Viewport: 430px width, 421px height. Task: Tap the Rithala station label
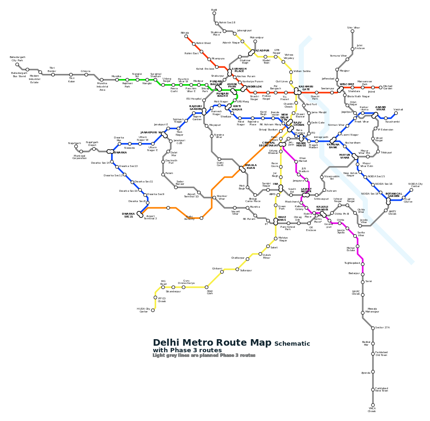click(185, 33)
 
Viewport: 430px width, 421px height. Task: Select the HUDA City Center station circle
click(153, 311)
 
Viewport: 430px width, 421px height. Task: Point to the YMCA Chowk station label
click(372, 410)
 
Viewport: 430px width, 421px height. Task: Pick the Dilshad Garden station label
click(387, 87)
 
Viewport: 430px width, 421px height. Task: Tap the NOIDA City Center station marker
click(411, 190)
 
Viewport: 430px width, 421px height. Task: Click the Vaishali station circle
click(396, 113)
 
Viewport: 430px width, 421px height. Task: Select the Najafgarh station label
click(74, 143)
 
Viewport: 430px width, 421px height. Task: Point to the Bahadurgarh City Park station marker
click(17, 65)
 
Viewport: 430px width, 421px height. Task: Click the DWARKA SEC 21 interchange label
click(128, 215)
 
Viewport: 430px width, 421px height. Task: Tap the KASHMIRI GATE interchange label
click(306, 87)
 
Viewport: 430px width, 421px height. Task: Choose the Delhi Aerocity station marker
click(201, 218)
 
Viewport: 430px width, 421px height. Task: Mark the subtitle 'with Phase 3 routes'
click(187, 350)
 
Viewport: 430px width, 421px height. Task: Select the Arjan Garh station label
click(210, 292)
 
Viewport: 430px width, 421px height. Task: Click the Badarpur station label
click(354, 273)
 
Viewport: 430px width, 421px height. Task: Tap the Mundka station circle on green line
click(117, 80)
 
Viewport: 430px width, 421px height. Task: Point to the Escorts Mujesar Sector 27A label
click(382, 327)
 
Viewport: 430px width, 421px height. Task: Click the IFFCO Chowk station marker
click(156, 297)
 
